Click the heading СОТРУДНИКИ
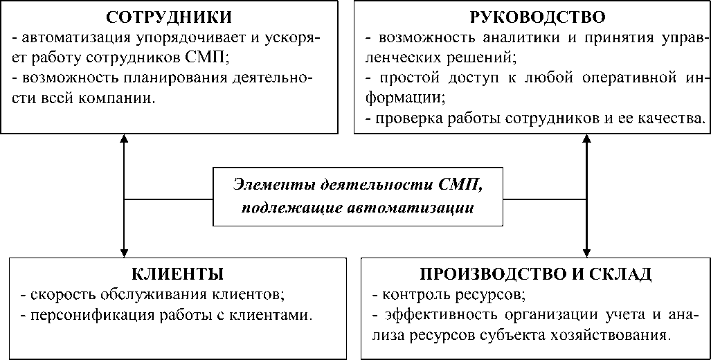coord(169,16)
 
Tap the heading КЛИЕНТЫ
coord(177,272)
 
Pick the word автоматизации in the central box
coord(431,207)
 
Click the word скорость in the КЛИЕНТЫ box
coord(55,294)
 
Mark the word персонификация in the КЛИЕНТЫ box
coord(79,315)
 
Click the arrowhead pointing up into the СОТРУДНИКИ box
coord(123,139)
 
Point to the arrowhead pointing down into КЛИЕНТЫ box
coord(123,251)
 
